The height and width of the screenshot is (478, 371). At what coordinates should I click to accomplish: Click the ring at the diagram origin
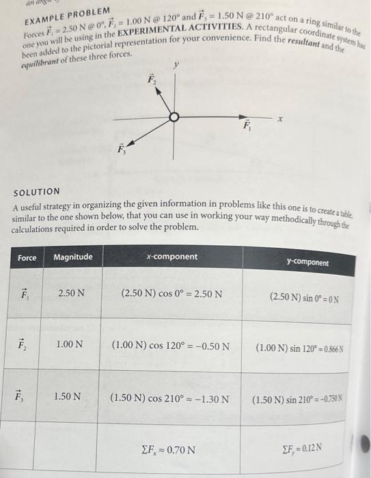tap(175, 117)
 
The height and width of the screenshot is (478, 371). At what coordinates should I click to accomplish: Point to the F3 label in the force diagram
tap(121, 150)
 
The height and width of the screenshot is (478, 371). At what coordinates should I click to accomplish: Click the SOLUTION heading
tap(37, 192)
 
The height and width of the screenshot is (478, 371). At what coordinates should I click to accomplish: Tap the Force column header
tap(27, 257)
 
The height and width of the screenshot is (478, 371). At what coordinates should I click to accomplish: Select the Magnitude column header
tap(73, 257)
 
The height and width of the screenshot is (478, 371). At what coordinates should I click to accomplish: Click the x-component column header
tap(171, 257)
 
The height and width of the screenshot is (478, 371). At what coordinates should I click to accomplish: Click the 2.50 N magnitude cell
tap(72, 294)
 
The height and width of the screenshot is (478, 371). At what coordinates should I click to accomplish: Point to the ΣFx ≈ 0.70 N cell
tap(167, 449)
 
